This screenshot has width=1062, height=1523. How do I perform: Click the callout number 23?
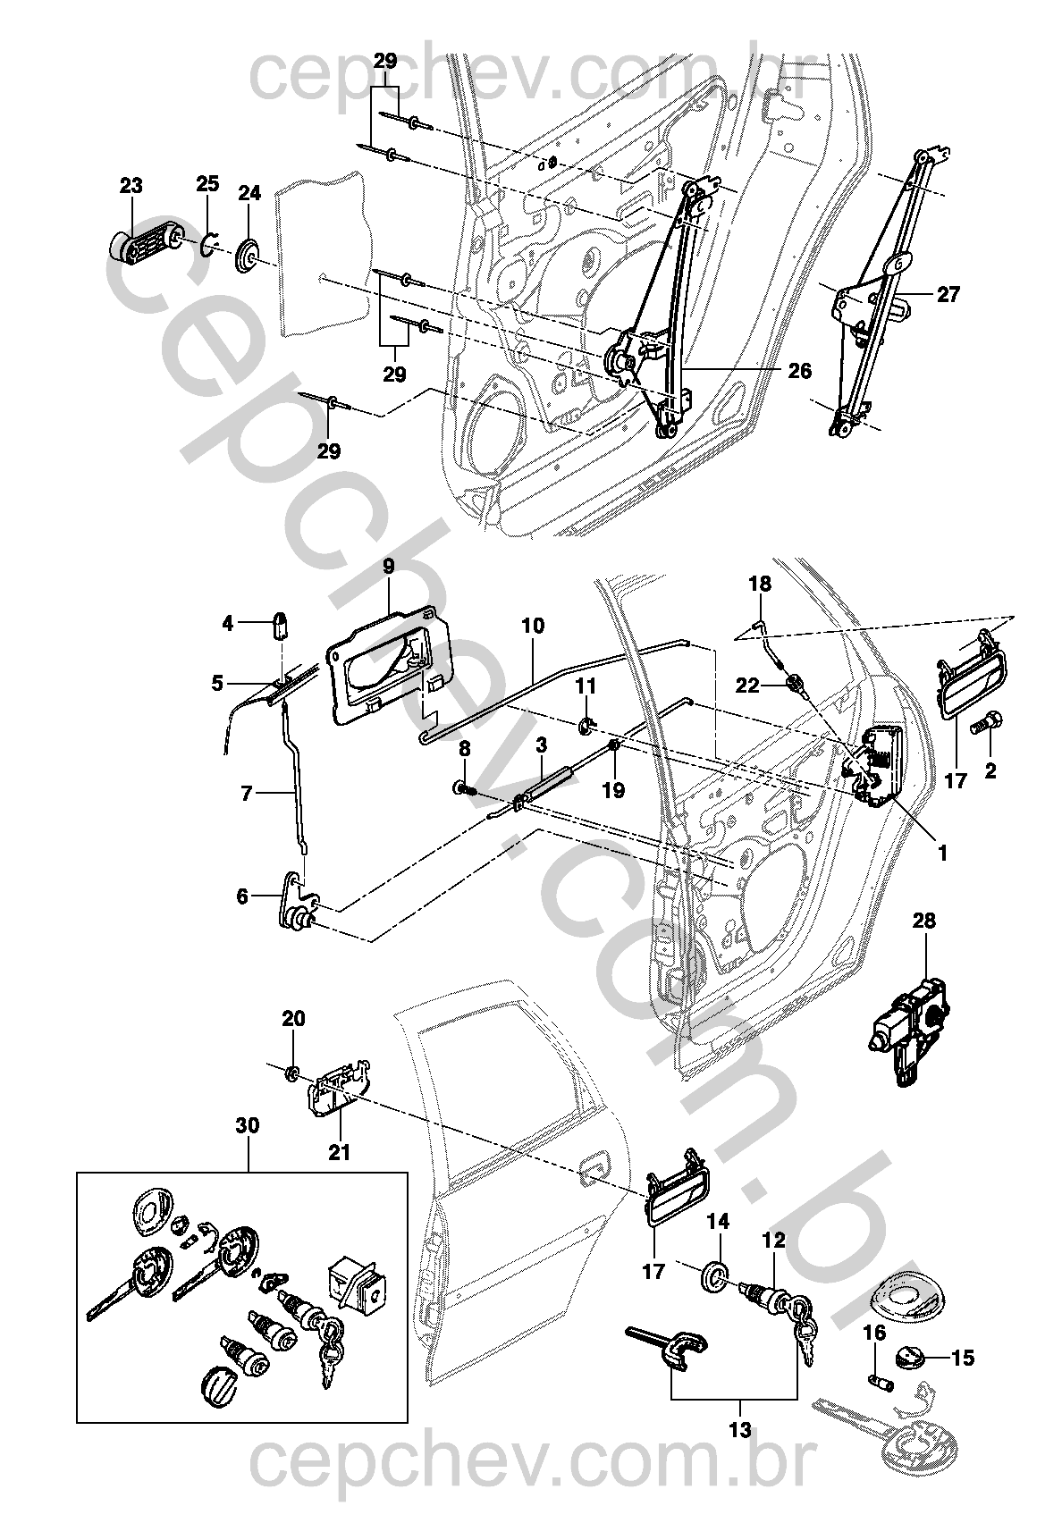click(131, 186)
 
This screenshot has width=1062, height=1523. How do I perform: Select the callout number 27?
click(948, 293)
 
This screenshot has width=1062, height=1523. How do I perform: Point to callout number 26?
click(799, 370)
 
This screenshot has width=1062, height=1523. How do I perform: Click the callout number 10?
click(532, 626)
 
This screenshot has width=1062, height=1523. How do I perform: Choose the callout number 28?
click(923, 921)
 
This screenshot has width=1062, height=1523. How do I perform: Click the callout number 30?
click(248, 1126)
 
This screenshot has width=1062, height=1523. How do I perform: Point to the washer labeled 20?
click(292, 1071)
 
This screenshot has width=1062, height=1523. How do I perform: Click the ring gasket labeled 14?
click(713, 1278)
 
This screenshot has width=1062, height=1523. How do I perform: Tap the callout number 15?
click(962, 1359)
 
